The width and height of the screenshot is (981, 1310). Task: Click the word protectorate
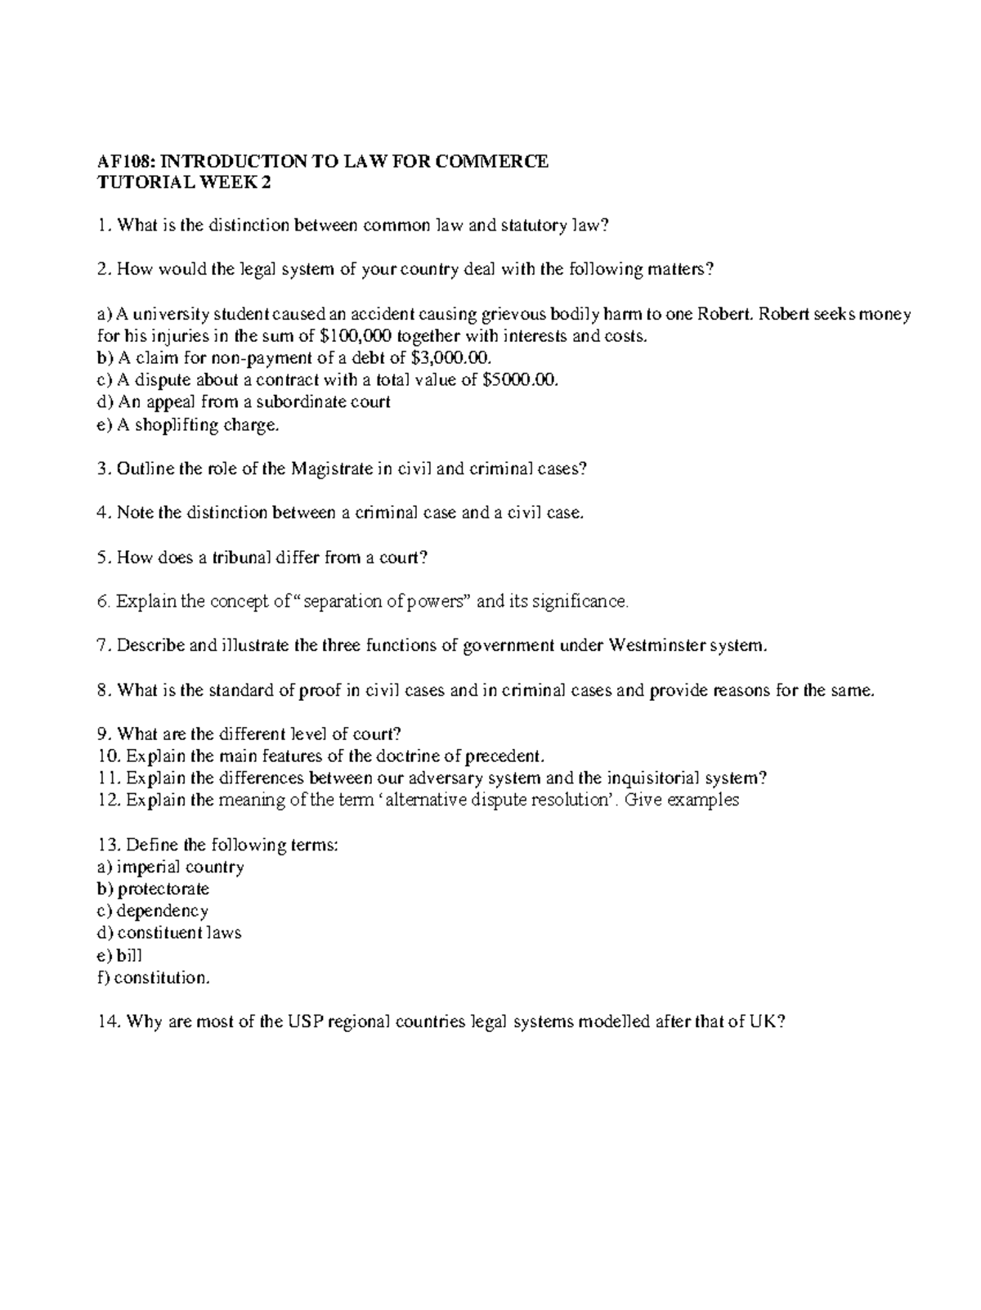163,889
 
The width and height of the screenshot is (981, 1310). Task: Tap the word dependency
163,911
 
